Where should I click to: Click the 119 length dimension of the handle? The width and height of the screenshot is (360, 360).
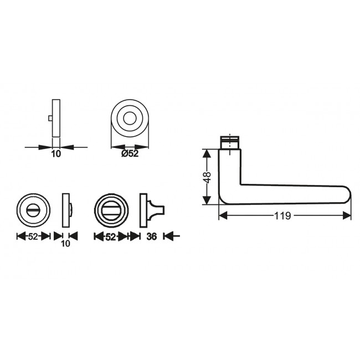tap(282, 216)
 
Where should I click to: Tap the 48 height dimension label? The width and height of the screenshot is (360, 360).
tap(207, 177)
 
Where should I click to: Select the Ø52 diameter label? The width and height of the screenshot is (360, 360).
tap(130, 153)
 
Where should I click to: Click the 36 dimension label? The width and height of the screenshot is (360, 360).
tap(152, 236)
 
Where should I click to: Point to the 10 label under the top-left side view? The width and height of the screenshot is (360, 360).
tap(56, 154)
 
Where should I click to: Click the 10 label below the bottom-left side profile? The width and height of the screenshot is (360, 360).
tap(66, 244)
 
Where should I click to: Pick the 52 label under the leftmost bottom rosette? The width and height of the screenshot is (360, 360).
tap(33, 236)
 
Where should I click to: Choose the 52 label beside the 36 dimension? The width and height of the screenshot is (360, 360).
tap(110, 236)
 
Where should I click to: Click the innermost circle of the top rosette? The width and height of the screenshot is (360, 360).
tap(130, 119)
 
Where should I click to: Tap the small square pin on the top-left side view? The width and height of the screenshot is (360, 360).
tap(50, 118)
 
